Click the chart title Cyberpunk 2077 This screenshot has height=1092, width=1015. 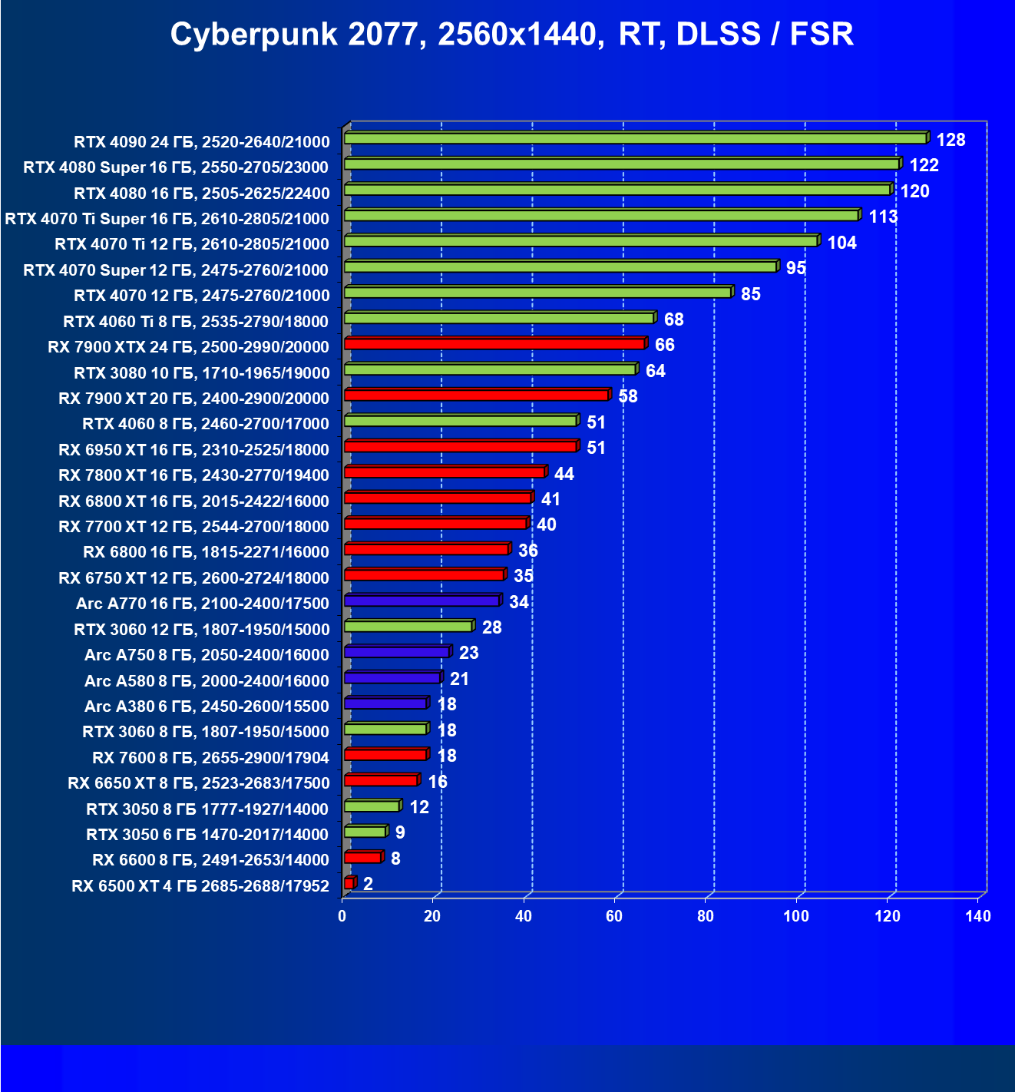tap(511, 35)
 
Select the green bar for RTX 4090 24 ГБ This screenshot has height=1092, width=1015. tap(635, 138)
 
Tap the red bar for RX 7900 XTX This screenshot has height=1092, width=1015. tap(494, 344)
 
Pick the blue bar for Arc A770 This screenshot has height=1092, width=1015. tap(422, 601)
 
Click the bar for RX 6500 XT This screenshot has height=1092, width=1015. tap(349, 883)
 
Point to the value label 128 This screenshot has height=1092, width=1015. tap(951, 140)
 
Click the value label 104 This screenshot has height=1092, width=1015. tap(841, 243)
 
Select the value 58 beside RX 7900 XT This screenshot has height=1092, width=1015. tap(628, 396)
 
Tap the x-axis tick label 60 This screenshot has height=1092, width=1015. tap(614, 916)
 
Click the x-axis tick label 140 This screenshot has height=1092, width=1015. tap(978, 916)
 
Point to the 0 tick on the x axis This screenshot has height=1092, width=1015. tap(342, 916)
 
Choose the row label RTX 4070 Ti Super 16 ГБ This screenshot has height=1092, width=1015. tap(167, 219)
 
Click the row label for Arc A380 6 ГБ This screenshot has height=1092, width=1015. tap(207, 706)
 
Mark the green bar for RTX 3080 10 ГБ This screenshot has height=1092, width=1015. tap(490, 369)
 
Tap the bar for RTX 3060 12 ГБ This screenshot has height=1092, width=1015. tap(408, 627)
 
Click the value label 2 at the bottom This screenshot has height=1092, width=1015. tap(369, 884)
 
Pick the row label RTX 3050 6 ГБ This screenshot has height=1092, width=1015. tap(207, 835)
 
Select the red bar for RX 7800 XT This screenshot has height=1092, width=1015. tap(445, 472)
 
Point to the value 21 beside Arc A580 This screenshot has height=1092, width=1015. tap(459, 679)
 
